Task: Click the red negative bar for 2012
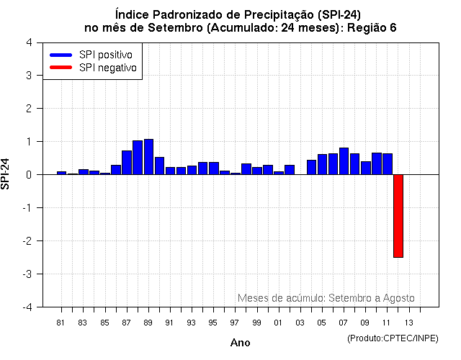pyautogui.click(x=398, y=215)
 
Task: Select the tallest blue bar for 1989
pyautogui.click(x=148, y=157)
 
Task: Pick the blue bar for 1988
pyautogui.click(x=138, y=158)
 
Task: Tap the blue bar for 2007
pyautogui.click(x=344, y=161)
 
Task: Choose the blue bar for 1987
pyautogui.click(x=127, y=163)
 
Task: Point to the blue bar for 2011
pyautogui.click(x=387, y=164)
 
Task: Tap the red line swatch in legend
pyautogui.click(x=61, y=68)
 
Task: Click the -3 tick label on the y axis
pyautogui.click(x=27, y=274)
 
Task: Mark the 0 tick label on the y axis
pyautogui.click(x=28, y=175)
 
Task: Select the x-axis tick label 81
pyautogui.click(x=61, y=323)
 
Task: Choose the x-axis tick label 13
pyautogui.click(x=408, y=323)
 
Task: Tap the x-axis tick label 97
pyautogui.click(x=235, y=323)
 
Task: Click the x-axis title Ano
pyautogui.click(x=240, y=343)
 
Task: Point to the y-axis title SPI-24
pyautogui.click(x=6, y=174)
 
